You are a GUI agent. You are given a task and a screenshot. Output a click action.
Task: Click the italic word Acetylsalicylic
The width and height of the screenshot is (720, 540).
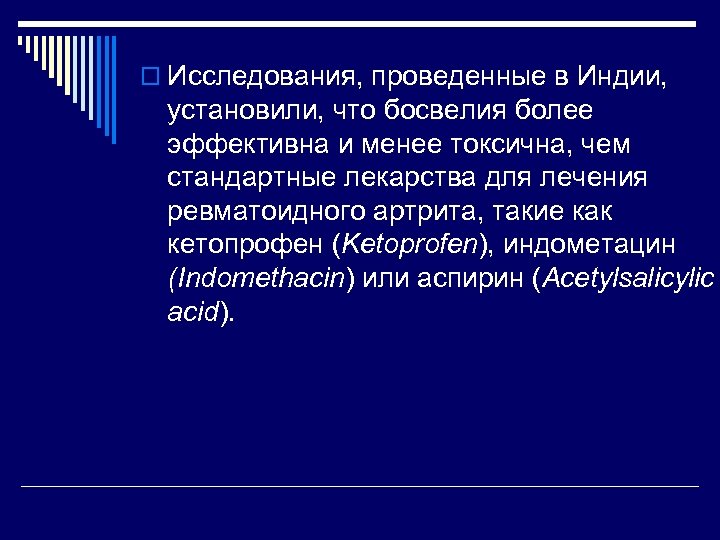(x=629, y=279)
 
